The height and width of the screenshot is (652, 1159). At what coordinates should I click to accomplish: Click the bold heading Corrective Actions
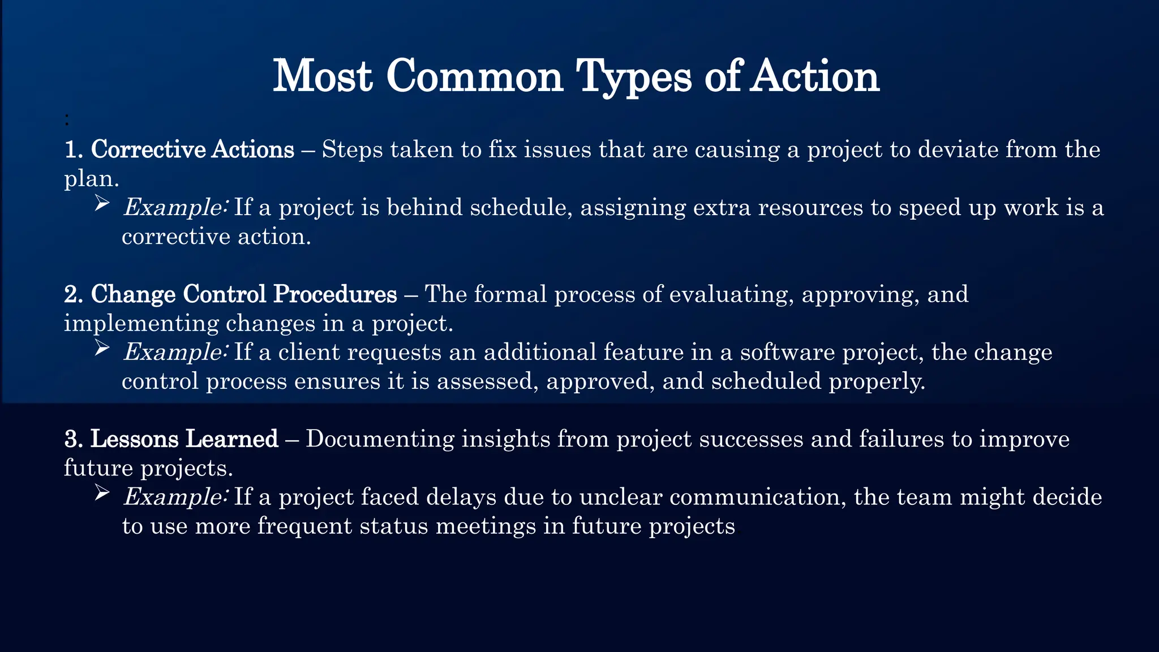pyautogui.click(x=192, y=150)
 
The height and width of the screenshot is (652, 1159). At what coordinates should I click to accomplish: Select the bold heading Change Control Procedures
pyautogui.click(x=244, y=294)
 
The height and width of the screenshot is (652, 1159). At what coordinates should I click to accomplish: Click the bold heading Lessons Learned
pyautogui.click(x=184, y=439)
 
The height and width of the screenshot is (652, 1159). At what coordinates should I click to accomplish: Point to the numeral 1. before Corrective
pyautogui.click(x=74, y=150)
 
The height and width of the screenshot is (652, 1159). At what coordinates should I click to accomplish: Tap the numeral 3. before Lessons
pyautogui.click(x=74, y=439)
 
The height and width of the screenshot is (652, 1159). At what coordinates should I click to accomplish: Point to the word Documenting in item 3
pyautogui.click(x=380, y=439)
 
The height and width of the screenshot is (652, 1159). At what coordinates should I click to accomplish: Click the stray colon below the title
pyautogui.click(x=67, y=119)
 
